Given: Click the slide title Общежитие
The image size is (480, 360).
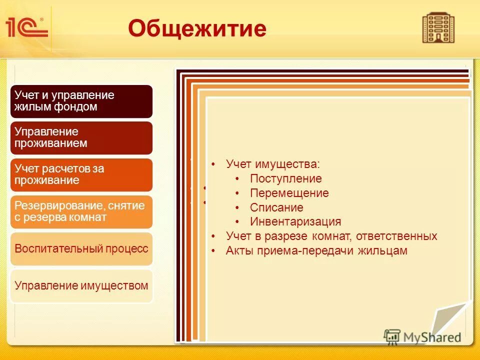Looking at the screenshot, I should pos(197,28).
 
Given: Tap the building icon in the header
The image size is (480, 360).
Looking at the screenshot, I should pos(438,28).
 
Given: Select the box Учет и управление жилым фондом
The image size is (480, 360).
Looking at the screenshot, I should pos(81,101).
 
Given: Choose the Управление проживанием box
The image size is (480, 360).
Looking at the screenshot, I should pos(81,137).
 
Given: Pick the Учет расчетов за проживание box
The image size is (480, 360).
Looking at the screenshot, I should pos(81,174).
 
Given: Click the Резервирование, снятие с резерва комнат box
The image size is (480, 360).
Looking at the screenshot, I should pos(81,211).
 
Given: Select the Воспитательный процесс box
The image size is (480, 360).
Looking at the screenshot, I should pos(81,248).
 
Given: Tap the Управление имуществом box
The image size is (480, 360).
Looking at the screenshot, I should pos(81,286).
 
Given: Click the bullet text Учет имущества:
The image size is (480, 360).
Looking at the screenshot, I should pos(272,164).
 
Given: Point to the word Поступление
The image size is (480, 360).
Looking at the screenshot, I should pos(285,178).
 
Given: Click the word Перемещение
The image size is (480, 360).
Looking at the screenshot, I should pos(289,193).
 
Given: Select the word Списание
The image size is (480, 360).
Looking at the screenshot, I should pos(276,207).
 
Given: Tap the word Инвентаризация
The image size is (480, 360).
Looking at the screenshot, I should pos(295,221).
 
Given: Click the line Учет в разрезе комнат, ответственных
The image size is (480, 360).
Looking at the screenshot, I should pos(331,236).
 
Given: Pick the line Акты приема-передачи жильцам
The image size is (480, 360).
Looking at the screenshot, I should pos(316,250).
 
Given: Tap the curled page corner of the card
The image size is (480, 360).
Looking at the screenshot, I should pos(450,320).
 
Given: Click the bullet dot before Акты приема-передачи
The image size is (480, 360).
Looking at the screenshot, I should pos(213,251).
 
